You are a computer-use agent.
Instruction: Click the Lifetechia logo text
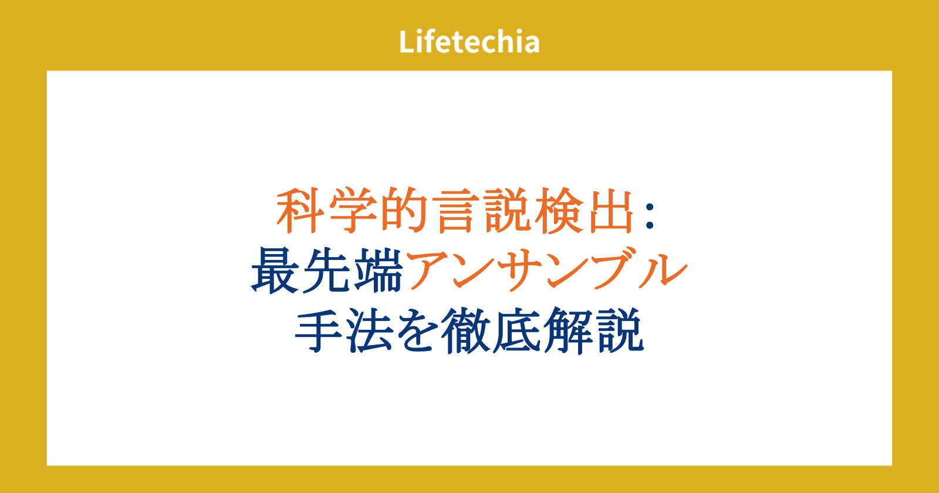pyautogui.click(x=469, y=42)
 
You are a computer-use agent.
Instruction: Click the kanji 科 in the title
pyautogui.click(x=300, y=210)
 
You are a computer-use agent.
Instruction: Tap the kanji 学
pyautogui.click(x=353, y=210)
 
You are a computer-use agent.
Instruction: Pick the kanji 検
pyautogui.click(x=559, y=210)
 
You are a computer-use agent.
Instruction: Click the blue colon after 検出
pyautogui.click(x=650, y=216)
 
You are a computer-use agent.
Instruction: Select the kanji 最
pyautogui.click(x=275, y=271)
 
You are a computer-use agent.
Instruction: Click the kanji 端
pyautogui.click(x=378, y=271)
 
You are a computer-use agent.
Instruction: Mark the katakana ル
pyautogui.click(x=663, y=271)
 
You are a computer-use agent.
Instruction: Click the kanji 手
pyautogui.click(x=319, y=331)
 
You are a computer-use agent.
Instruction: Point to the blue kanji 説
pyautogui.click(x=620, y=331)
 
